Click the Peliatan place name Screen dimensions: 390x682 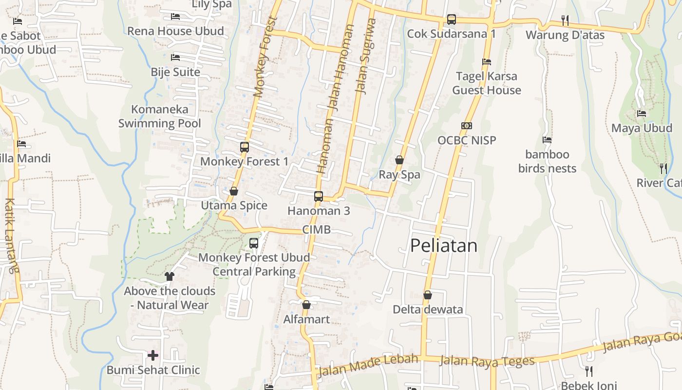tap(443, 245)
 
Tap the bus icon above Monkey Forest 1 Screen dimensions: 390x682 tap(245, 147)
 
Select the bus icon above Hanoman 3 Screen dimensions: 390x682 tap(319, 196)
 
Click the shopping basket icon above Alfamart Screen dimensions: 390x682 tap(306, 305)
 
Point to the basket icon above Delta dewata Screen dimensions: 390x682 tap(428, 295)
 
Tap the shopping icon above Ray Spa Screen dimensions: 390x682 tap(399, 160)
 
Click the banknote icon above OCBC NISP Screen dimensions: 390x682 tap(467, 126)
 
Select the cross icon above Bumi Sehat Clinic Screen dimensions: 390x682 tap(153, 355)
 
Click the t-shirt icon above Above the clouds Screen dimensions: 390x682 tap(170, 276)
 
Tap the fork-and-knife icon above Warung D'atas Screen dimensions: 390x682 tap(565, 20)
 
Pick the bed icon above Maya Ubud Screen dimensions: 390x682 tap(642, 114)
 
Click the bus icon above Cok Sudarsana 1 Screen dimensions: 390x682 tap(452, 19)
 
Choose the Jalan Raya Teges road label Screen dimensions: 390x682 tap(487, 361)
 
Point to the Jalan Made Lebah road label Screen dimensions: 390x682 tap(368, 365)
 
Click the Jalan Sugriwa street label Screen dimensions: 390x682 tap(366, 56)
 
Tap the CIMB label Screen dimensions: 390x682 tap(316, 230)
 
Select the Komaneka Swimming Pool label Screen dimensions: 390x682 tap(160, 116)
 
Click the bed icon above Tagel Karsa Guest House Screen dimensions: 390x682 tap(486, 62)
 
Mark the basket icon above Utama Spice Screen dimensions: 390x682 tap(234, 191)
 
